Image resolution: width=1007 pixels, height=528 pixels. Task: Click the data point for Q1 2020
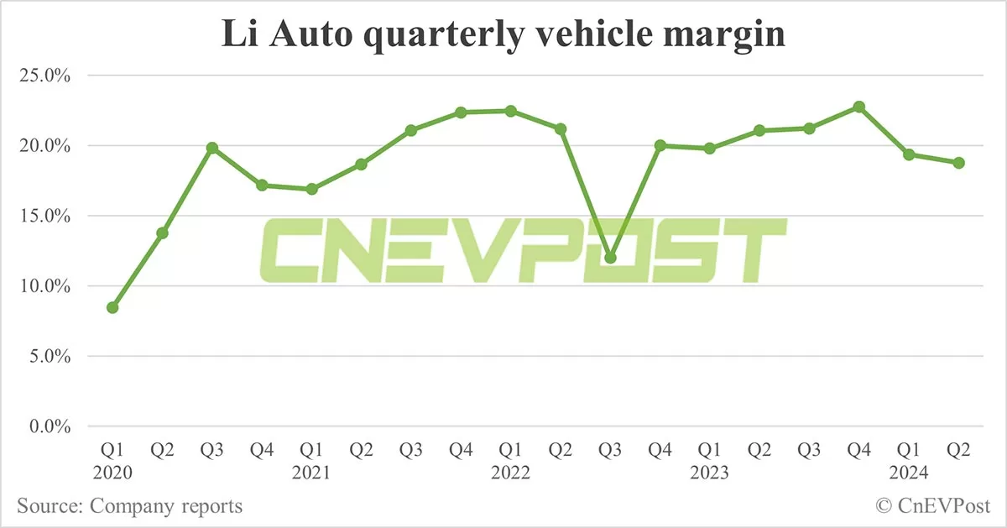point(112,307)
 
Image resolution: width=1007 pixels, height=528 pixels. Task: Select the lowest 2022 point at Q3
point(610,258)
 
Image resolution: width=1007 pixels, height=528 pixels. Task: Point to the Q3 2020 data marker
point(212,148)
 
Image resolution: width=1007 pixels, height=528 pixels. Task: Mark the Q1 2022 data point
point(511,111)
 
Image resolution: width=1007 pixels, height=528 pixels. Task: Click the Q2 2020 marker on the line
point(163,233)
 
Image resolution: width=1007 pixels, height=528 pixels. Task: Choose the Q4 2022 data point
point(660,145)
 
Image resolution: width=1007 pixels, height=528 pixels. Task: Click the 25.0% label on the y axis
point(43,76)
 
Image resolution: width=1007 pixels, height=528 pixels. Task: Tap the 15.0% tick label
point(43,216)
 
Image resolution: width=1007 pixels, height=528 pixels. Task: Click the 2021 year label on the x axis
point(311,473)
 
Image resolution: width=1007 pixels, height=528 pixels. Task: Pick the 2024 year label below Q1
point(909,473)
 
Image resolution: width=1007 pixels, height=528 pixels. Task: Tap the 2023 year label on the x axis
point(710,473)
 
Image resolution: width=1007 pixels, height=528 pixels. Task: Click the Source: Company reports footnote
point(129,506)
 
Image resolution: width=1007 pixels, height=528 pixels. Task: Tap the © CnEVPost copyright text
point(933,506)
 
